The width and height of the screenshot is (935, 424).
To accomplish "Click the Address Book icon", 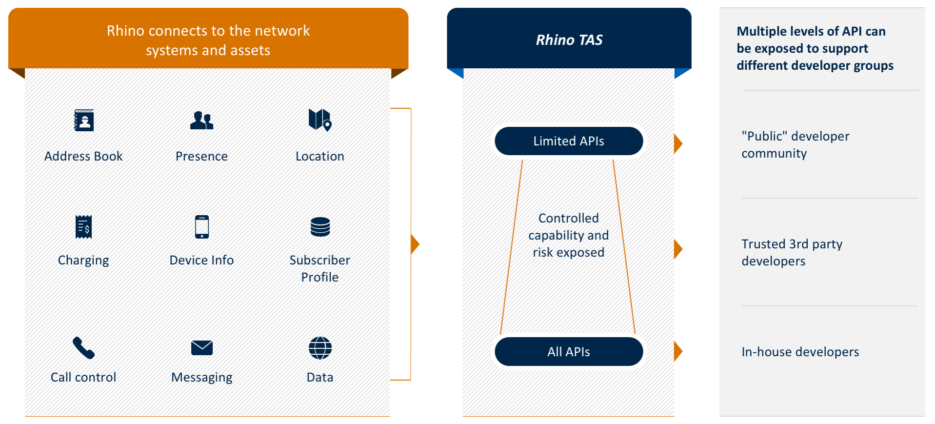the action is (x=84, y=120).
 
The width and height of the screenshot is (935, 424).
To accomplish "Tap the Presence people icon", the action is (x=201, y=120).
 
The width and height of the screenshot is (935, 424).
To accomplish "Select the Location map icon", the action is (x=320, y=120).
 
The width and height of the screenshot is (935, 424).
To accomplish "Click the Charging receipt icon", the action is (x=84, y=227).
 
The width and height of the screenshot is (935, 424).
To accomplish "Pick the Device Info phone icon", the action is (x=202, y=227).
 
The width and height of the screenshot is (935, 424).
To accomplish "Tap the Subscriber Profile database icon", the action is (x=320, y=227).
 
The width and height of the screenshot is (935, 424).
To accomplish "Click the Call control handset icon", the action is (x=83, y=348).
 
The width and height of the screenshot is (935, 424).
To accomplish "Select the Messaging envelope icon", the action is (x=202, y=348).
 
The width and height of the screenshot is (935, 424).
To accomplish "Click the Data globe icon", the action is (x=320, y=348).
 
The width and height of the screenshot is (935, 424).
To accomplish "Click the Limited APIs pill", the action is (x=569, y=141).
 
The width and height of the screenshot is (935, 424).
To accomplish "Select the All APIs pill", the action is (x=569, y=352).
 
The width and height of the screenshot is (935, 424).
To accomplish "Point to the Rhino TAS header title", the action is (x=569, y=40).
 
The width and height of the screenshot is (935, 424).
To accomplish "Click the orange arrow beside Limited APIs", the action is (x=678, y=144).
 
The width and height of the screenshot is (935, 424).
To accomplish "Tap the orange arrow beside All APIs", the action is (x=678, y=351).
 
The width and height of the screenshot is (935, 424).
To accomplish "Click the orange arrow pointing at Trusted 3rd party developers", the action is (x=678, y=249).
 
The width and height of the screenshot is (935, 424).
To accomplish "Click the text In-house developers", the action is (x=800, y=352).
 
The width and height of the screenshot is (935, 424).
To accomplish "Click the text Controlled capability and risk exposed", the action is (x=569, y=235).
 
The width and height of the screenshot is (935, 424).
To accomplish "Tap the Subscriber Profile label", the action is (x=320, y=268).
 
